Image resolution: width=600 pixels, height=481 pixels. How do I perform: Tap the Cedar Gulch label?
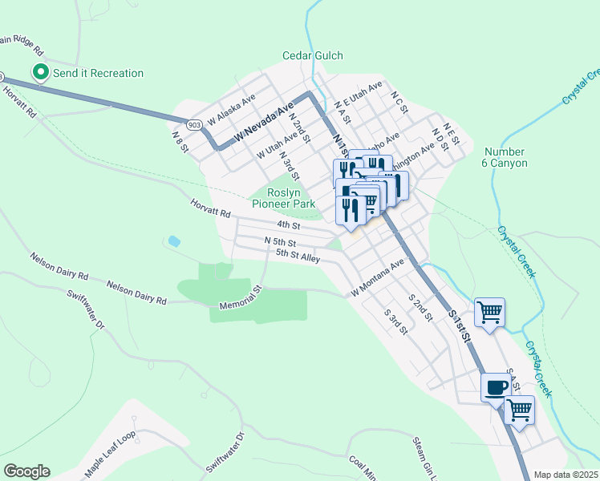pyautogui.click(x=312, y=55)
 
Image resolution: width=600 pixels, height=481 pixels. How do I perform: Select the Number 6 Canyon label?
pyautogui.click(x=505, y=157)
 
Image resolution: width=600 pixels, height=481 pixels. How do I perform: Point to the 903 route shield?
pyautogui.click(x=193, y=125)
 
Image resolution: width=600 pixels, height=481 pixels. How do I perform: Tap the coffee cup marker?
pyautogui.click(x=496, y=387)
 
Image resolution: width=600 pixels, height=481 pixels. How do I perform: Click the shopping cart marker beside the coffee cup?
pyautogui.click(x=520, y=410)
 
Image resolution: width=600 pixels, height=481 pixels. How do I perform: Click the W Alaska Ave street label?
pyautogui.click(x=230, y=110)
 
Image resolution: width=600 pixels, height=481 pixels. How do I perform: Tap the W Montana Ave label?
pyautogui.click(x=377, y=278)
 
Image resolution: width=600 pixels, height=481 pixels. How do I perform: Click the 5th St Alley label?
pyautogui.click(x=298, y=256)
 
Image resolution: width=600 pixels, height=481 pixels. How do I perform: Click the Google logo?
pyautogui.click(x=26, y=471)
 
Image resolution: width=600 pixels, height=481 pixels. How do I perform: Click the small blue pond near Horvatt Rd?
pyautogui.click(x=173, y=240)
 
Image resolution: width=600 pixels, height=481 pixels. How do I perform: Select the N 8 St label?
pyautogui.click(x=177, y=138)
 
